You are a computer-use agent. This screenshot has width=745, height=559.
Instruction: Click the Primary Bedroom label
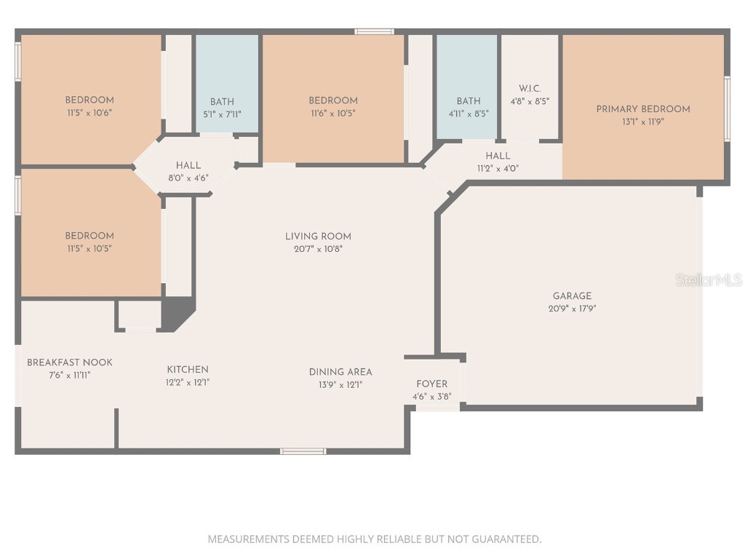click(643, 109)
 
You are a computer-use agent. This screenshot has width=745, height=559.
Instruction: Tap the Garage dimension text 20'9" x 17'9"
click(572, 309)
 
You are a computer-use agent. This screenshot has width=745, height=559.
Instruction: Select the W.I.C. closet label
click(530, 89)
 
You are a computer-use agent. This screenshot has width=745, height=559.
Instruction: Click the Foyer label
click(431, 384)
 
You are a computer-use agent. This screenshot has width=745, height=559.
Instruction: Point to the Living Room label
click(318, 236)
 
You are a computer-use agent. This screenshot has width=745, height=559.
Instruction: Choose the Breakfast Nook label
click(70, 362)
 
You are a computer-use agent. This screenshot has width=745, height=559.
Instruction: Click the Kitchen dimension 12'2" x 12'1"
click(188, 382)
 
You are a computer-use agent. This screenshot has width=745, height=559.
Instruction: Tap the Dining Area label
click(340, 372)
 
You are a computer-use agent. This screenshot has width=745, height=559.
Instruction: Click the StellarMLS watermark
click(708, 279)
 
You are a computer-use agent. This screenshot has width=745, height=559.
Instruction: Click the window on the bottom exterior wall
click(303, 451)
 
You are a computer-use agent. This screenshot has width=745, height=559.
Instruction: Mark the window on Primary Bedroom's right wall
click(727, 109)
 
